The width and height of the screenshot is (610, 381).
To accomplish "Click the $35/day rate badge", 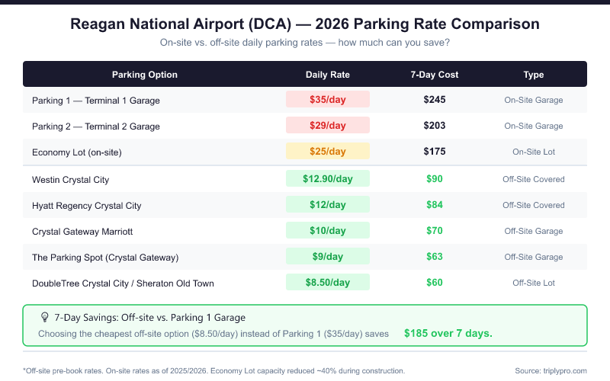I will tap(328, 100).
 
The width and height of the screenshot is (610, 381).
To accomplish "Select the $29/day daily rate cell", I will tap(328, 126).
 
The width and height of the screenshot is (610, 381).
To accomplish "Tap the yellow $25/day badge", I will tap(328, 152).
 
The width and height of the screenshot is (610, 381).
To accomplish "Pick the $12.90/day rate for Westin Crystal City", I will tap(328, 179).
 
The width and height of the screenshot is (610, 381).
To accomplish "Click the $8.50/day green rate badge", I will tap(328, 283).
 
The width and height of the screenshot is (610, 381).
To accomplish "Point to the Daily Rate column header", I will tap(328, 75).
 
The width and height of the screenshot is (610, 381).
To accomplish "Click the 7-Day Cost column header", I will tap(434, 75).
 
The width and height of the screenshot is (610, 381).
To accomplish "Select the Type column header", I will tap(534, 75).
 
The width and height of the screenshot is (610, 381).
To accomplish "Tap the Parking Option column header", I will tap(145, 75).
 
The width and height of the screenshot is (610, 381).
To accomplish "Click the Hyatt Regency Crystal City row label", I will tap(87, 206).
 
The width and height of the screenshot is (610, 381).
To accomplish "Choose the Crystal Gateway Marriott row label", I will tap(83, 232).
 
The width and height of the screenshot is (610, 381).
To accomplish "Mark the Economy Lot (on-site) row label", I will tap(77, 152).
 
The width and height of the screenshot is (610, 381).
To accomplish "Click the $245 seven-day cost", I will tap(434, 100).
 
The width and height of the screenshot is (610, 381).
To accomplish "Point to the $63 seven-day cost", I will tap(434, 257).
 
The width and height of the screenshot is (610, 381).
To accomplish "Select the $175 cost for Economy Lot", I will tap(434, 152).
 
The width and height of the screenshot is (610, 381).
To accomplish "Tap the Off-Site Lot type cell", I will tap(534, 283).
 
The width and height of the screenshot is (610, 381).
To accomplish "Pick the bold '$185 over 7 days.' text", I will tap(448, 333).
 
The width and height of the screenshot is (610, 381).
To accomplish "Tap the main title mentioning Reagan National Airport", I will tap(305, 24).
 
